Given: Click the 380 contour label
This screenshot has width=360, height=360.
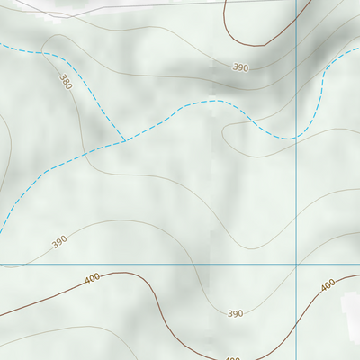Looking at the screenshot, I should tap(64, 82).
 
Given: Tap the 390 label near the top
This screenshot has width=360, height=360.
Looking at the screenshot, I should tap(240, 67).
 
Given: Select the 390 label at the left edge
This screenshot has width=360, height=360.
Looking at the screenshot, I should tap(59, 241).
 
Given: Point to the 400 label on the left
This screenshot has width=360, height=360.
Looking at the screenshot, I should tap(92, 279).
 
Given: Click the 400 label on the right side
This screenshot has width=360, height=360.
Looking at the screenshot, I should tap(328, 284).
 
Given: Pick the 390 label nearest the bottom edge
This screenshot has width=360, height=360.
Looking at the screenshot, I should tap(235, 313).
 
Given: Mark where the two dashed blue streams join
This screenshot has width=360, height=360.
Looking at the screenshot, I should tap(124, 141).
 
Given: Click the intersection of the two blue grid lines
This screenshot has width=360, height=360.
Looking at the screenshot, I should tap(296, 265).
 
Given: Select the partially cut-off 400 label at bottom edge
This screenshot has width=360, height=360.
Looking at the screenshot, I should tap(232, 357).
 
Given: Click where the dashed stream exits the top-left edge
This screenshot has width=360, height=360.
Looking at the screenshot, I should tap(2, 45).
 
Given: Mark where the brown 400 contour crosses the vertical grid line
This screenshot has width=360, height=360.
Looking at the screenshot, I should tap(296, 307).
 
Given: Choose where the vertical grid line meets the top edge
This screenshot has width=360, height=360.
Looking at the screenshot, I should tap(296, 1).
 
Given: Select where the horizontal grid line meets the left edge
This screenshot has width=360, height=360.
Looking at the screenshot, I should tap(1, 265).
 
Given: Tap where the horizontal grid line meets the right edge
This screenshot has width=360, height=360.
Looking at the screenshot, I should tap(358, 265).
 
